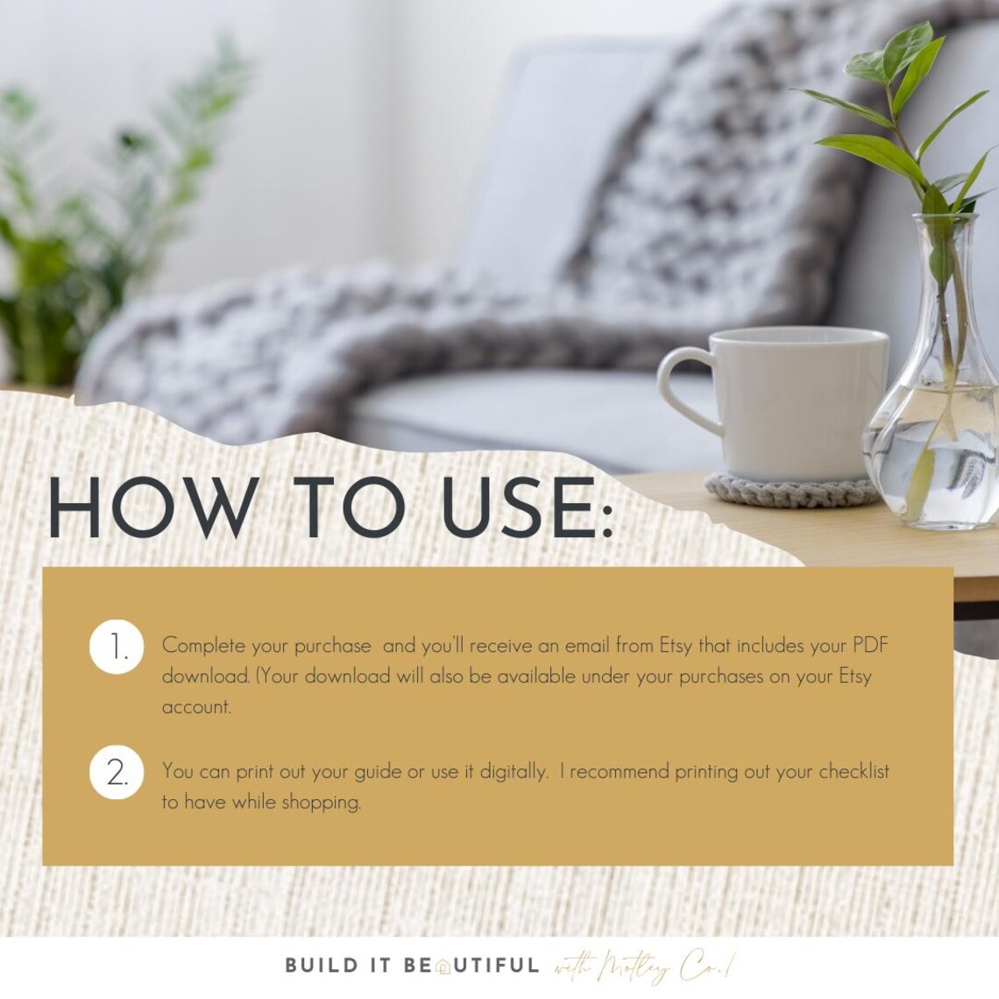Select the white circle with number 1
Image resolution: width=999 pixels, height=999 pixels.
click(117, 648)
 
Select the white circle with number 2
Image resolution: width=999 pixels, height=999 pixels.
click(117, 774)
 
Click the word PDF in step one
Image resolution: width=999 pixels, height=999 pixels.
click(870, 646)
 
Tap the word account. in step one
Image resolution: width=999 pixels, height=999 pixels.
click(196, 707)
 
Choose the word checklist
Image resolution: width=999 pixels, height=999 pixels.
click(854, 772)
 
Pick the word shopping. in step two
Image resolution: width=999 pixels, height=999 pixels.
click(321, 803)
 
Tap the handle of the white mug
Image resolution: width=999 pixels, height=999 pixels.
click(684, 386)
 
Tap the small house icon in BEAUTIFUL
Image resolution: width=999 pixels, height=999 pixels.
click(443, 967)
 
